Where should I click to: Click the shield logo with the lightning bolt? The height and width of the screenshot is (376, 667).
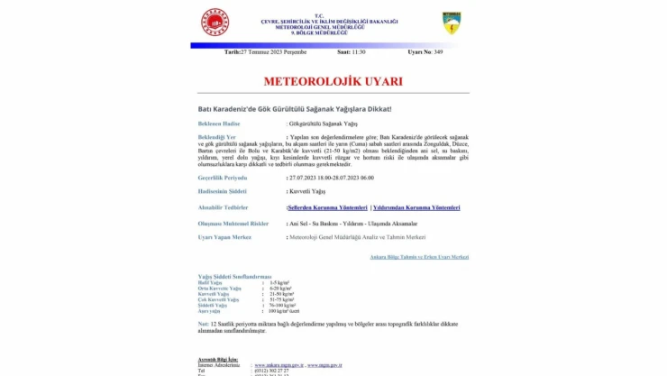[452, 23]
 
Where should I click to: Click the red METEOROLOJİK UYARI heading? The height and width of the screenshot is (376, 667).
[333, 81]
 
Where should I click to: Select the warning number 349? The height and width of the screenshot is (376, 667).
[438, 52]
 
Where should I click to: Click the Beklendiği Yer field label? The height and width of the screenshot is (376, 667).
[217, 136]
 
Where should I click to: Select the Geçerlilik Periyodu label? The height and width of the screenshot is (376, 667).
[222, 178]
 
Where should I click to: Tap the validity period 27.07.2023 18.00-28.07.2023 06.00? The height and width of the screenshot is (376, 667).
[331, 178]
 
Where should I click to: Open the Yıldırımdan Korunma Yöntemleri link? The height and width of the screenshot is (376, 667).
[416, 207]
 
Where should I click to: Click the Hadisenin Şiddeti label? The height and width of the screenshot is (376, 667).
[222, 192]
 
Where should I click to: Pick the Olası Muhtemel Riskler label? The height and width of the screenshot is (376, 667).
[233, 222]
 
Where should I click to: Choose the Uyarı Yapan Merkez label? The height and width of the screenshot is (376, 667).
[224, 236]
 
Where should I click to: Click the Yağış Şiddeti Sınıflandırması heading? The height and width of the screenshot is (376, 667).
[234, 276]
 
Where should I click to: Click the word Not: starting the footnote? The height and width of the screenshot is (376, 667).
[204, 322]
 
